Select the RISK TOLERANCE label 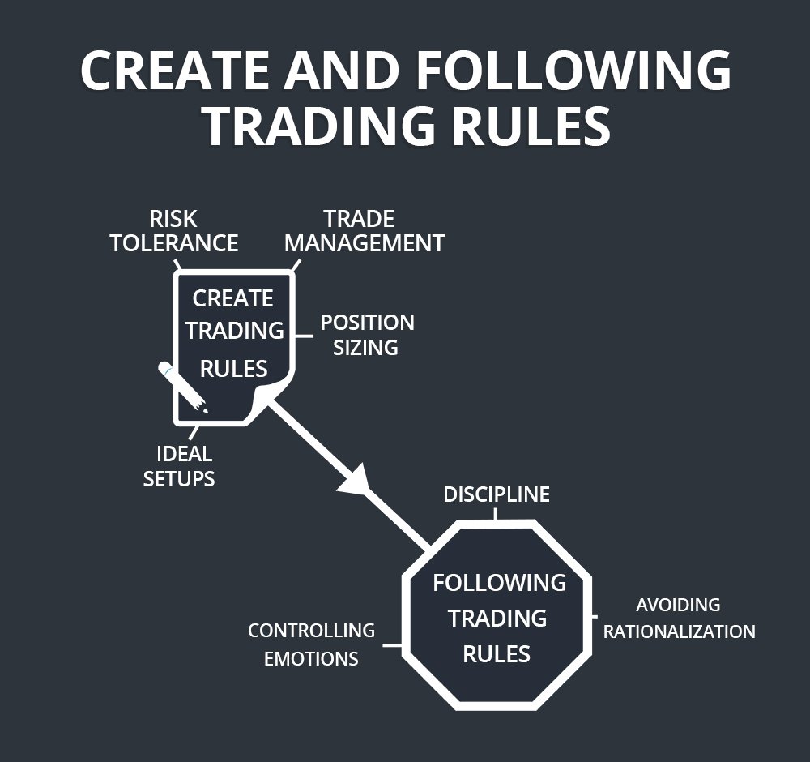(174, 231)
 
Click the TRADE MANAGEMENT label (364, 231)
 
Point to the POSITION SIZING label (367, 335)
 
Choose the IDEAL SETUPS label (179, 466)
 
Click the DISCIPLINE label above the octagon (497, 494)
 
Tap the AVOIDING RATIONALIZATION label (679, 618)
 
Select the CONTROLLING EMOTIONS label (311, 644)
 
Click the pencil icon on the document (183, 387)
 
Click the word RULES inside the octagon (497, 653)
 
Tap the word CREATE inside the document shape (232, 298)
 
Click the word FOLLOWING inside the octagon (499, 582)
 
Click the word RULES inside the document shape (234, 369)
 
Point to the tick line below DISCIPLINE (497, 516)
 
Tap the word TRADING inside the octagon (497, 618)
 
